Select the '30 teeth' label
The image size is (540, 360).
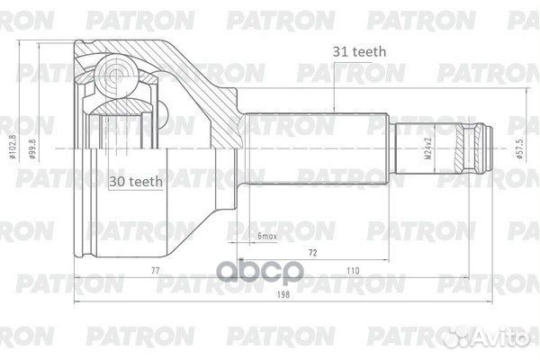click(135, 181)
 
